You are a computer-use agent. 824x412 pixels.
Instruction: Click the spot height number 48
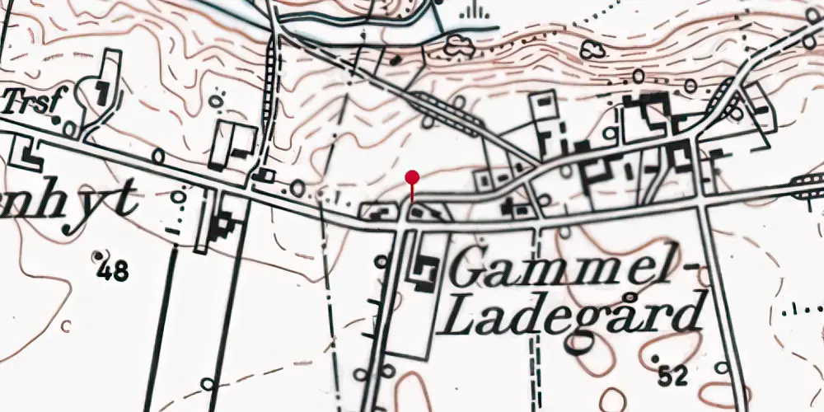[113, 270]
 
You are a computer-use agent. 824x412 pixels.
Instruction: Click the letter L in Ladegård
[458, 317]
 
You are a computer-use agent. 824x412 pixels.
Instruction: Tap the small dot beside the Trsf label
[56, 119]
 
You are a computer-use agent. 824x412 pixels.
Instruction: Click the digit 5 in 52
[665, 377]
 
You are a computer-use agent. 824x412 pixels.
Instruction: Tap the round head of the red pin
[412, 176]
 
